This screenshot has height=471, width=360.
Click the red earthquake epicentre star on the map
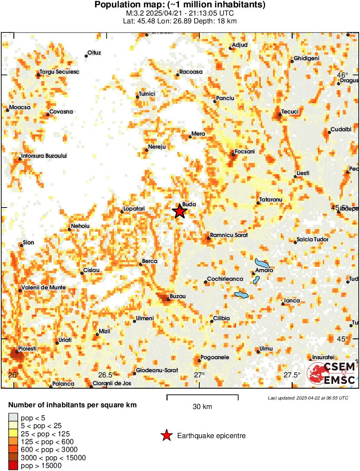180,211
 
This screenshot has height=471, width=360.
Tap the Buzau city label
178,296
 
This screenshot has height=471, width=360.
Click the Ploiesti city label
27,348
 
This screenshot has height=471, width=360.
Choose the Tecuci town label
290,112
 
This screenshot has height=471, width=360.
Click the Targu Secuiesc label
60,71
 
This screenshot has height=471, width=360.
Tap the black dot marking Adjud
230,48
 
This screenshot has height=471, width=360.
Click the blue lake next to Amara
262,263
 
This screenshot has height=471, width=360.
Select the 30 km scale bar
202,396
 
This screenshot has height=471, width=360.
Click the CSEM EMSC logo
331,374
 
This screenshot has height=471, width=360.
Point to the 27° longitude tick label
199,374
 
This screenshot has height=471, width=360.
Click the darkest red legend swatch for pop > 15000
13,465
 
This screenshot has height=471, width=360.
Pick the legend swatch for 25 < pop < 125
13,434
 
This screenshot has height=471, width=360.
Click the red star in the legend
166,436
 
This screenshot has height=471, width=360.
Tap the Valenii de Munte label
45,287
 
